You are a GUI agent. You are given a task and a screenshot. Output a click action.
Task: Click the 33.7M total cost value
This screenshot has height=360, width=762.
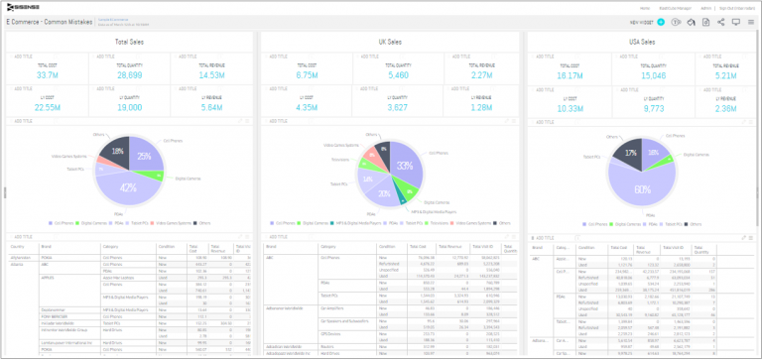tap(47, 74)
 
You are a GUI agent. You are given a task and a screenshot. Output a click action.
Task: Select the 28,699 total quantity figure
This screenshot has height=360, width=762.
tap(129, 74)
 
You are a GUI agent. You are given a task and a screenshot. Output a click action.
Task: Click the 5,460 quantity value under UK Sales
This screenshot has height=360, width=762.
tap(382, 74)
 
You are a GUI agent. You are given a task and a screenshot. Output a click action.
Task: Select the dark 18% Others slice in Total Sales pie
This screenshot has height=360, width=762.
tap(117, 153)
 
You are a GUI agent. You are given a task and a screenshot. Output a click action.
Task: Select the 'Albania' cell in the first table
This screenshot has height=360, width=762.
tap(18, 264)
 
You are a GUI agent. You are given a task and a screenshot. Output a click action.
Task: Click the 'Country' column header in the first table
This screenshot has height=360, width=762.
tap(17, 247)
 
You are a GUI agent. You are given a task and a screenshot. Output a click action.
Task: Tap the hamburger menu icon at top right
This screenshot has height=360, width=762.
tap(751, 21)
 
